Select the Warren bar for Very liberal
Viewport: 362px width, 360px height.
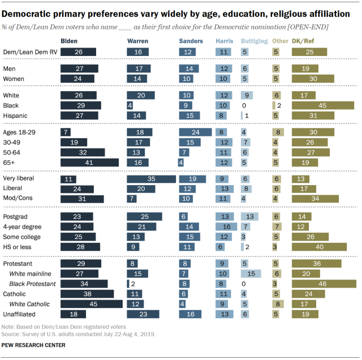152,178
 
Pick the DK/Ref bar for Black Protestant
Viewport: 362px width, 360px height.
324,283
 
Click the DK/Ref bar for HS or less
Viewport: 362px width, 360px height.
319,247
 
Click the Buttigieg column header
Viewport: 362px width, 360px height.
251,41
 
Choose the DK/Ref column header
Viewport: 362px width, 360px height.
304,41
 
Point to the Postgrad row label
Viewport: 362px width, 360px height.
16,216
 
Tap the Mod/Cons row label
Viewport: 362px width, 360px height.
18,199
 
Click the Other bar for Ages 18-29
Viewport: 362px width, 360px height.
277,131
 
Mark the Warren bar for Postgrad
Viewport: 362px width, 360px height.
144,216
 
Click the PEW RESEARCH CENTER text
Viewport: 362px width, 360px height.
34,345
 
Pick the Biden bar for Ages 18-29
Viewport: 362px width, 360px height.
65,131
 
